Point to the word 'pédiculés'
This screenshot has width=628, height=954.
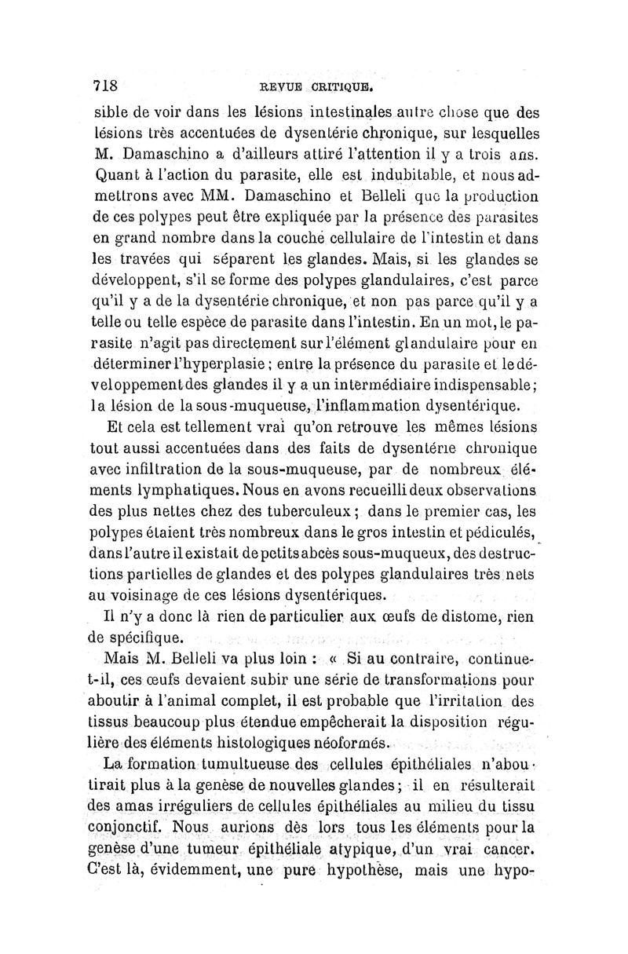tap(491, 532)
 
